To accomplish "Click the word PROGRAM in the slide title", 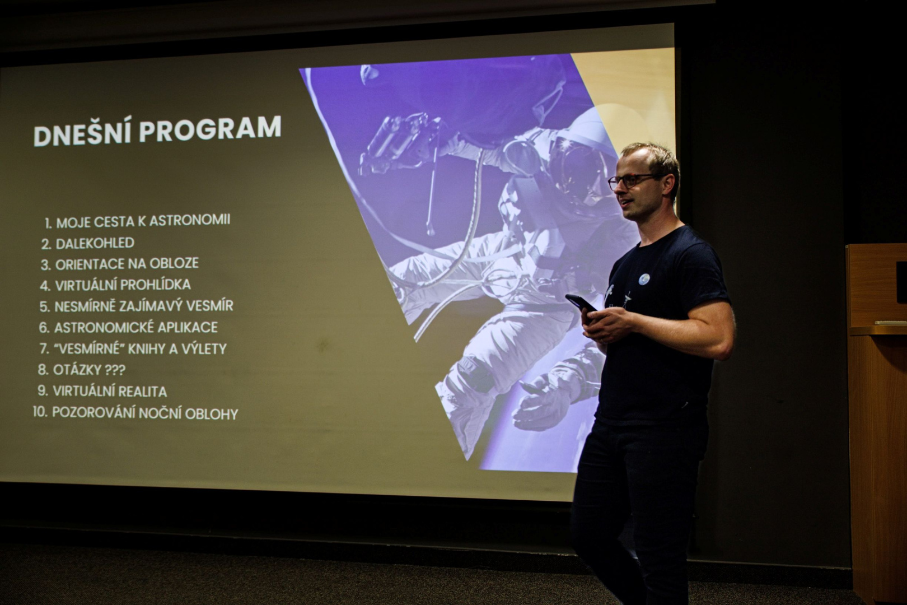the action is (210, 129).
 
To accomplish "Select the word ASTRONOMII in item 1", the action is (189, 220).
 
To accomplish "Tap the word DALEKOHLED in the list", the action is (95, 243).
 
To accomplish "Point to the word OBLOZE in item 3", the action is (174, 263).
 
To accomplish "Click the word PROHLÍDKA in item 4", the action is (156, 285).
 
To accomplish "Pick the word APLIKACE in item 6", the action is (188, 327).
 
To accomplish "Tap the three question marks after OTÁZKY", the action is (115, 370).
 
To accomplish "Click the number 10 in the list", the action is (40, 412).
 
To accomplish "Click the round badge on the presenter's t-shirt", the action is (644, 279).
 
